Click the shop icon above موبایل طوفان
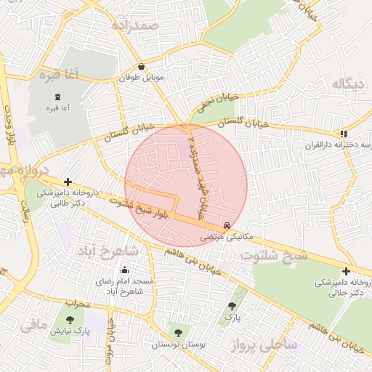[x=140, y=67]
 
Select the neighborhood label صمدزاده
[x=134, y=25]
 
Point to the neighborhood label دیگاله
[x=347, y=84]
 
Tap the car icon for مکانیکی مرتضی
[x=229, y=226]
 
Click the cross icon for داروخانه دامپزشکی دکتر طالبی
[x=68, y=182]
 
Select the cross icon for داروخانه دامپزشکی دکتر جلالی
[x=346, y=271]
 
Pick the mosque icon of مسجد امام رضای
[x=125, y=270]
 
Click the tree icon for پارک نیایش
[x=70, y=319]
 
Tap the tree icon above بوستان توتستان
[x=178, y=333]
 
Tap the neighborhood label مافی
[x=33, y=325]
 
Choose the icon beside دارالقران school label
[x=343, y=134]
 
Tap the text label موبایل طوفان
[x=143, y=77]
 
